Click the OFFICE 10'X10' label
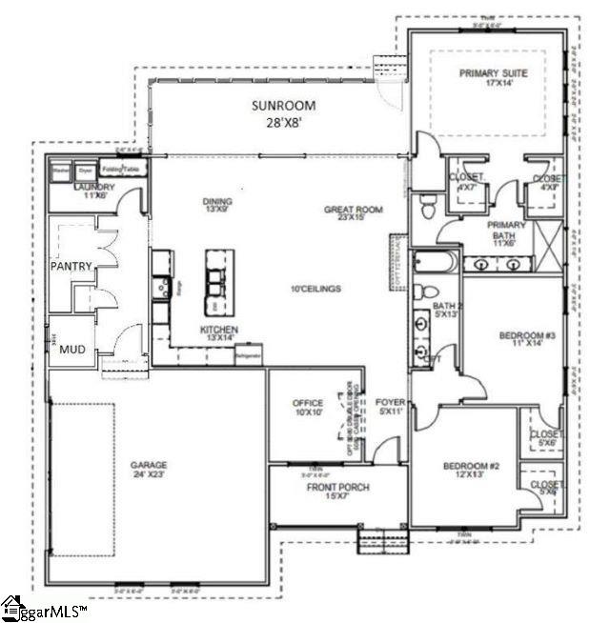(307, 408)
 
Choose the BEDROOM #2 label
(471, 472)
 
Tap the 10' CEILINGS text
(315, 289)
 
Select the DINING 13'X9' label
(218, 206)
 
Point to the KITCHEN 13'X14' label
(218, 333)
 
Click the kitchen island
(217, 281)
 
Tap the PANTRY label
(71, 267)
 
